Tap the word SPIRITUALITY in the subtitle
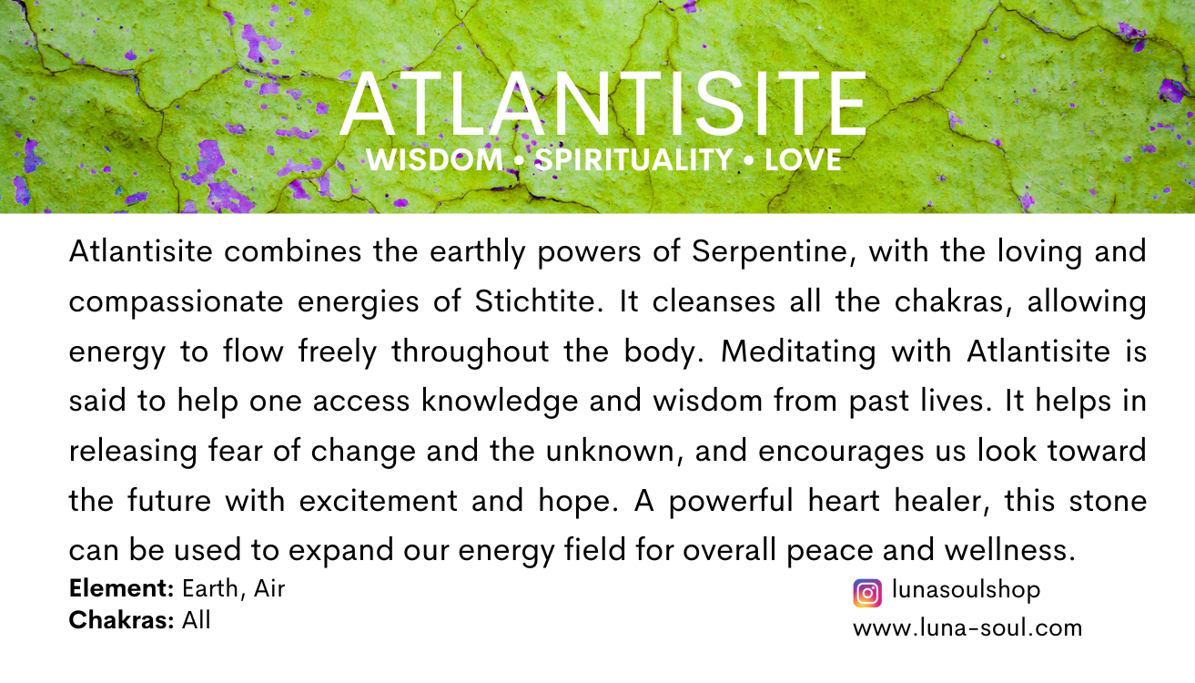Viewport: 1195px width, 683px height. click(x=633, y=161)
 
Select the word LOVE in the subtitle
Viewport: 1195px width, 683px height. click(x=803, y=161)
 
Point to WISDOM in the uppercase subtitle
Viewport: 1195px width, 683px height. click(x=434, y=161)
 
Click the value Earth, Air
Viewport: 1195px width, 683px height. click(x=234, y=590)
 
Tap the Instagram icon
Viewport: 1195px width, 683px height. click(x=867, y=593)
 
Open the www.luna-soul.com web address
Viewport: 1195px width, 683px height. click(x=967, y=627)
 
